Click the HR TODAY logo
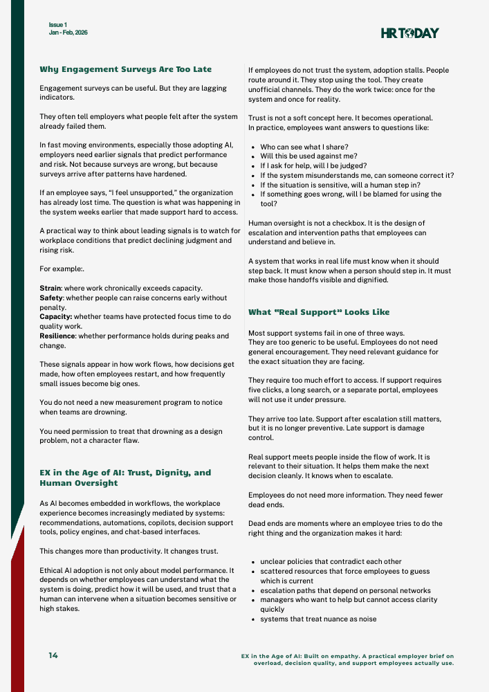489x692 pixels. point(409,33)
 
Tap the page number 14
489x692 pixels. point(53,655)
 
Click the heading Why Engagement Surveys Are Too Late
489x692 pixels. point(126,69)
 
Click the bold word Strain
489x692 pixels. point(51,286)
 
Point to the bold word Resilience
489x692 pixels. point(57,336)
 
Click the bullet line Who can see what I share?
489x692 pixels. point(304,147)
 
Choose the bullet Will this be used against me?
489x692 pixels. point(309,156)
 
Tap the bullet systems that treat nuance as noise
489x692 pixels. point(318,619)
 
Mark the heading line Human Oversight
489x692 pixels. point(79,483)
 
